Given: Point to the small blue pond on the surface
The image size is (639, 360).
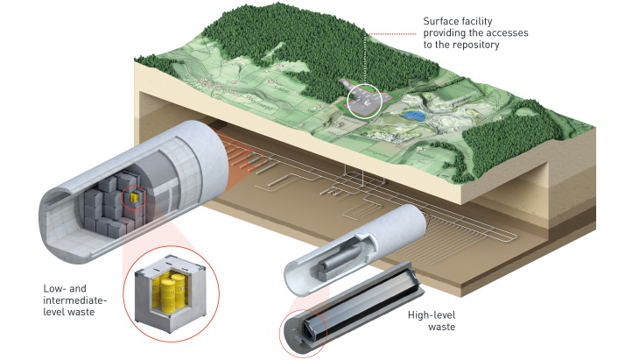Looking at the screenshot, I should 418,114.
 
